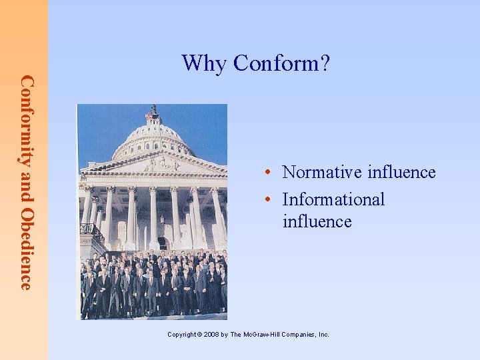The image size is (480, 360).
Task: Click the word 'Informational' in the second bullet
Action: [x=333, y=199]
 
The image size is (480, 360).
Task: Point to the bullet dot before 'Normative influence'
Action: [x=266, y=173]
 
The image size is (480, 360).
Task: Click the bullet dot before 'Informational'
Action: [x=266, y=200]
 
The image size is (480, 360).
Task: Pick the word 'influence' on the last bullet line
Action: [x=317, y=221]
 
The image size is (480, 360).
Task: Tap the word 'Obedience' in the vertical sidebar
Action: [x=25, y=251]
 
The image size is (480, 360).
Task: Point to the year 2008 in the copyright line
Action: [x=213, y=335]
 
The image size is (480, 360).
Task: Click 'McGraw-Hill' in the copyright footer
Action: [x=265, y=335]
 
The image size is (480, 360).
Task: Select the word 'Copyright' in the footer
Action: [x=182, y=335]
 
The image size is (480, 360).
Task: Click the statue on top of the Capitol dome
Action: [x=154, y=109]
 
